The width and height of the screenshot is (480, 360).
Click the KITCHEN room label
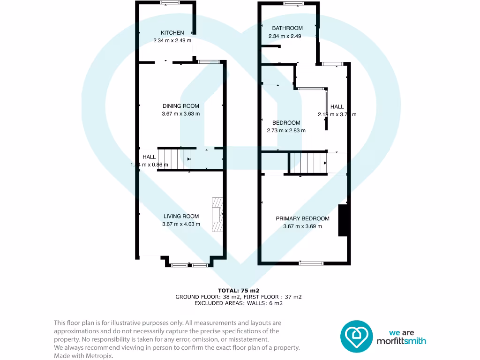(x=172, y=33)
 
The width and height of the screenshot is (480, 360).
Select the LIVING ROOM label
(x=181, y=216)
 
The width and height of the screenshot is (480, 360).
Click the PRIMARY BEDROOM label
(x=302, y=218)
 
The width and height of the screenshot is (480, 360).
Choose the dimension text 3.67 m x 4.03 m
(x=181, y=224)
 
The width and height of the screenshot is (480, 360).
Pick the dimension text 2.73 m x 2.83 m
(x=286, y=131)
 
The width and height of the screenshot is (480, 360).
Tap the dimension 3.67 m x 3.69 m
(x=302, y=226)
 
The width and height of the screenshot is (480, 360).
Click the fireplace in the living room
(x=217, y=215)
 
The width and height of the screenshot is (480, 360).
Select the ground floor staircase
(x=170, y=159)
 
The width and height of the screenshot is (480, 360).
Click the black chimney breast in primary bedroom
(x=343, y=220)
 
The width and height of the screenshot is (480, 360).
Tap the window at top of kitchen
(x=170, y=3)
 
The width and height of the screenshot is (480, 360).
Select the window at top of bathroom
(x=293, y=4)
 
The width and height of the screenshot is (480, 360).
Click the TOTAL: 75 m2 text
(x=239, y=291)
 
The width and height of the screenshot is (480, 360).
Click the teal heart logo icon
(x=356, y=336)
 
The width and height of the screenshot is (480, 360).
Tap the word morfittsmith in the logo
(x=401, y=341)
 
